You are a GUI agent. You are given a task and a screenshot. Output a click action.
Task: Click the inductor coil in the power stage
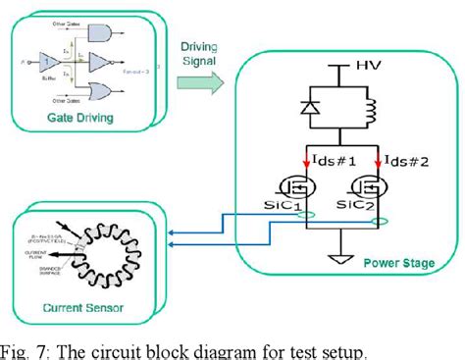coord(372,112)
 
